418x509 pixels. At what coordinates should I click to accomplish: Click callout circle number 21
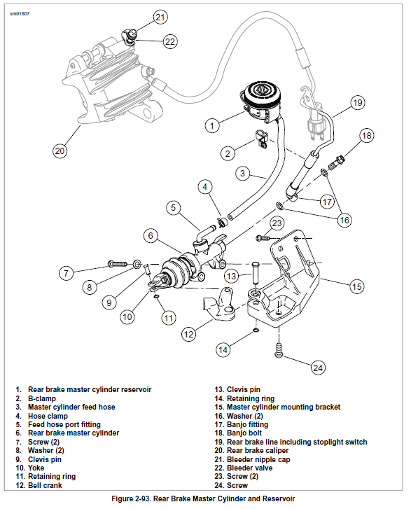160,17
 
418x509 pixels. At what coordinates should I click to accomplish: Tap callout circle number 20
60,149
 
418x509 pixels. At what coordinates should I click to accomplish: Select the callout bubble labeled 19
357,103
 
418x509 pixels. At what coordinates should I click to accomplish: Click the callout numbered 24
318,366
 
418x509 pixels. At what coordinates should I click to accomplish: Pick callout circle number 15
357,286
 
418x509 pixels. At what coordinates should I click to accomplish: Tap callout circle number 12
188,334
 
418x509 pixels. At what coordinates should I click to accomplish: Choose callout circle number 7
65,272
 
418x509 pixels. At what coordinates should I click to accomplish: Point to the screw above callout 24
279,349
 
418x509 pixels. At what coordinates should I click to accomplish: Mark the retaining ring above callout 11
157,295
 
